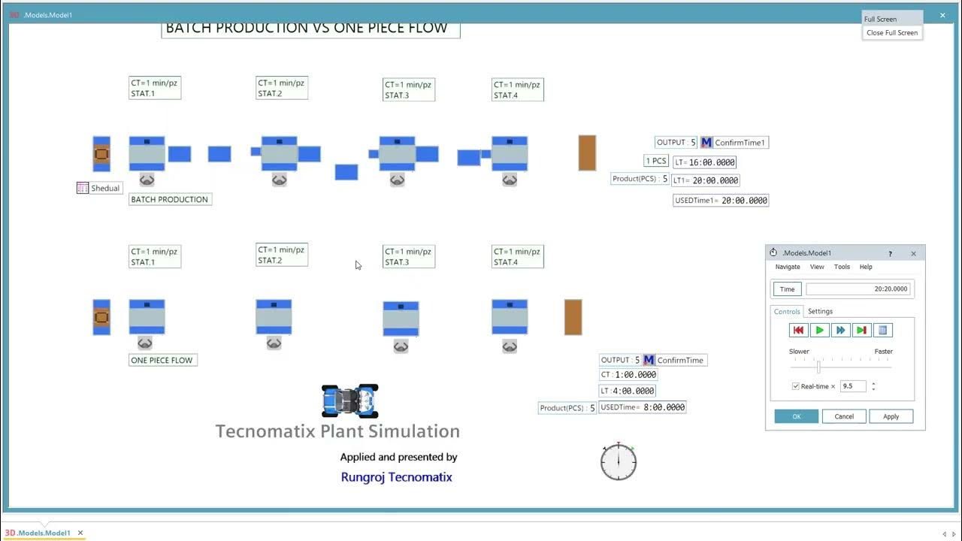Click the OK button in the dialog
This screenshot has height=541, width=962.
(x=796, y=416)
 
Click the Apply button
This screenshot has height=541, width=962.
(x=891, y=416)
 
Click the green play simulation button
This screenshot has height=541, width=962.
(x=820, y=330)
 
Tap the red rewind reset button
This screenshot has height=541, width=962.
(x=798, y=330)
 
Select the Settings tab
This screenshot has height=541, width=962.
(x=820, y=311)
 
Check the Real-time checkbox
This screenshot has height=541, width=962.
(x=796, y=386)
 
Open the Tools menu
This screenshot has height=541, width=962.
(x=842, y=267)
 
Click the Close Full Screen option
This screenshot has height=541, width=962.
(x=891, y=33)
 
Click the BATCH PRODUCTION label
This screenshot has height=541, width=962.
(x=170, y=199)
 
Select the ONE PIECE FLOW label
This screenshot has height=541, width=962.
(x=162, y=360)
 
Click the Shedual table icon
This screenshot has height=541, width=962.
(x=83, y=188)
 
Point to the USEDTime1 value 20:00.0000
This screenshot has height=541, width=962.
(x=744, y=201)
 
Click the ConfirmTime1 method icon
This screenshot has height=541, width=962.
(x=706, y=143)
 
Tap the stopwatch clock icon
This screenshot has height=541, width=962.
(x=619, y=461)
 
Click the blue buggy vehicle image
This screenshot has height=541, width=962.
(x=349, y=401)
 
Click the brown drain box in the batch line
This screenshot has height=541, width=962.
(x=587, y=153)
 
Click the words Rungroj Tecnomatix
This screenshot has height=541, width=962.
(x=396, y=477)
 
